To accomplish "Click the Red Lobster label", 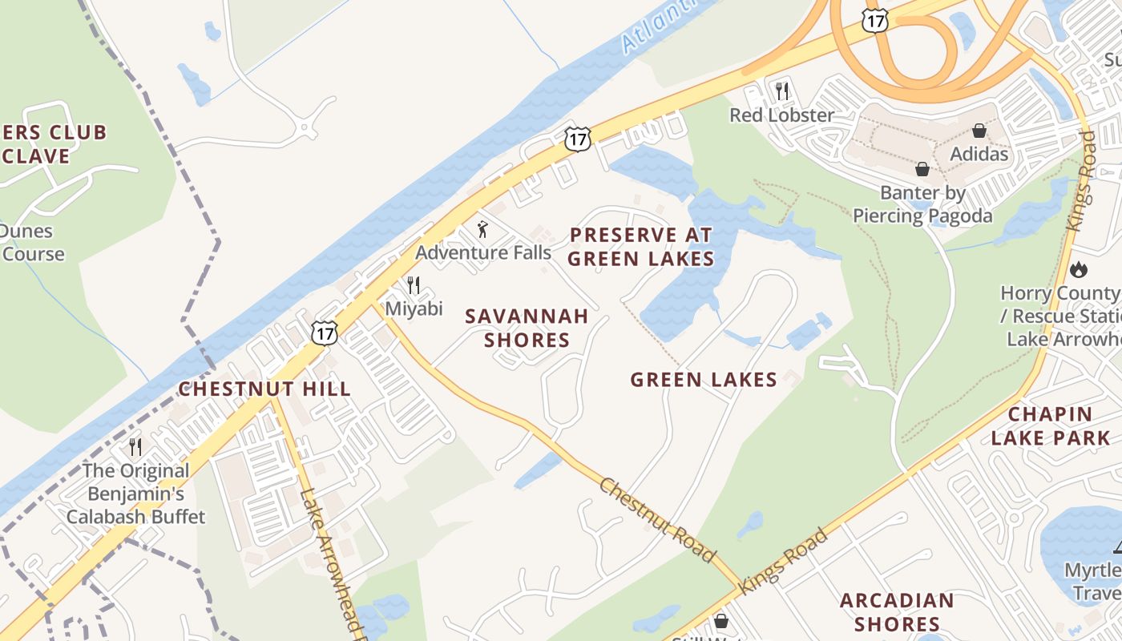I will [x=781, y=115].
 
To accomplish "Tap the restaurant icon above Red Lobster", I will [x=782, y=91].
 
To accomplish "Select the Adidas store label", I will [x=979, y=153].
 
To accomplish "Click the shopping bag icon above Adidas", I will [x=979, y=130].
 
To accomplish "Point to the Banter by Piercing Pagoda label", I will [x=922, y=204].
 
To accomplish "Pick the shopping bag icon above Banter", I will [x=922, y=169].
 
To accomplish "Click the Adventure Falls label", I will [x=483, y=252].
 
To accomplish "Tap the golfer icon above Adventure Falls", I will [x=482, y=230].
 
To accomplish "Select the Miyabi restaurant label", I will [x=414, y=308].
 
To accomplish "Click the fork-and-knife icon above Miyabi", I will [x=414, y=285].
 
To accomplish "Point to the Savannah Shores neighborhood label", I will [x=527, y=328].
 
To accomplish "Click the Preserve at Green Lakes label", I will [x=641, y=247].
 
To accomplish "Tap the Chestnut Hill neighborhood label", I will [x=264, y=389].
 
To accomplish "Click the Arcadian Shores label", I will [x=897, y=612].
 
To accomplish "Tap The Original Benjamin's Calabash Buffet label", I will [x=135, y=494].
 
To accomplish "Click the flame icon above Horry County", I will [x=1080, y=269].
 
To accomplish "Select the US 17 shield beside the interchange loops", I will [x=875, y=21].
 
